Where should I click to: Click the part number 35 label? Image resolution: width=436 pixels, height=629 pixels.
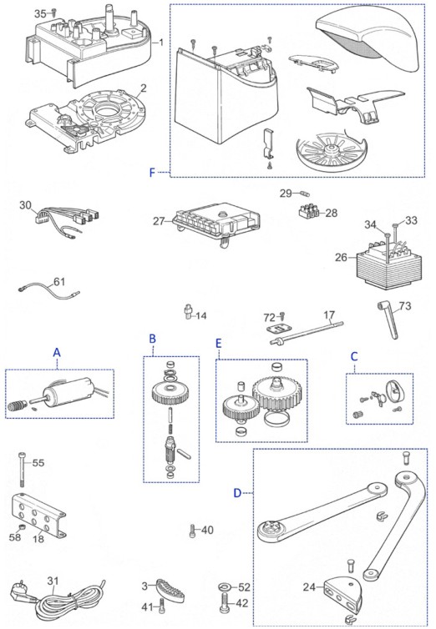coord(40,14)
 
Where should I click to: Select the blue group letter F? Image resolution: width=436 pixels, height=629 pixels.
coord(152,173)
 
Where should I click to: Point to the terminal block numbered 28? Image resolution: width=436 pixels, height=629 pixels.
coord(310,210)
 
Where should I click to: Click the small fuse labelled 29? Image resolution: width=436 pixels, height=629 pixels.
coord(306,194)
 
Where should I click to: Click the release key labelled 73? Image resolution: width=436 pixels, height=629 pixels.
coord(388,320)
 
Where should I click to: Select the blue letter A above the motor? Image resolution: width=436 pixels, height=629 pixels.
coord(57,352)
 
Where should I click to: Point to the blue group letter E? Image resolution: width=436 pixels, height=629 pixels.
coord(218,343)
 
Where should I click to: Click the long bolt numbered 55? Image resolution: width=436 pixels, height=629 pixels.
coord(22,470)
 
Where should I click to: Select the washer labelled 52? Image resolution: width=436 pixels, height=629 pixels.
coord(224,587)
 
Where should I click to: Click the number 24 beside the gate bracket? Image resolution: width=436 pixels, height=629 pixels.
coord(309,587)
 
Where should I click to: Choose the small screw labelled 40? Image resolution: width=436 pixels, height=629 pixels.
coord(192,531)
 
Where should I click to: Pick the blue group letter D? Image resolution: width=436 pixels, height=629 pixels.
coord(238,493)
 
